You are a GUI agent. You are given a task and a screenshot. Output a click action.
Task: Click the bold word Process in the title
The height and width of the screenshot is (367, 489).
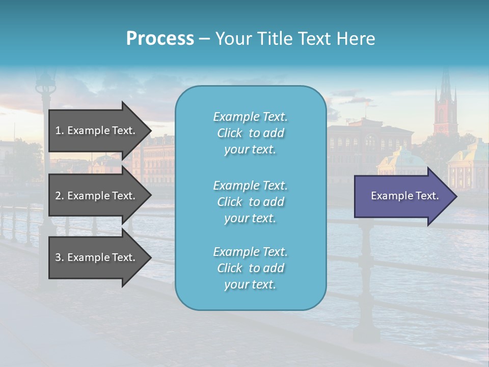point(160,39)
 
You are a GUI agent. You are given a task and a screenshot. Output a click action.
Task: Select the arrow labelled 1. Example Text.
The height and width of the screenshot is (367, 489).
point(97,130)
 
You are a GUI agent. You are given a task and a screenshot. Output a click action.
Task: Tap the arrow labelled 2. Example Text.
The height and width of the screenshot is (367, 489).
point(97,196)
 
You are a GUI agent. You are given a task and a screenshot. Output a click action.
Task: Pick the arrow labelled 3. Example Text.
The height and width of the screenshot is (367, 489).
point(97,257)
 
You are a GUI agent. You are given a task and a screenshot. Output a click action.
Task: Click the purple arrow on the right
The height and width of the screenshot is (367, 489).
point(402,196)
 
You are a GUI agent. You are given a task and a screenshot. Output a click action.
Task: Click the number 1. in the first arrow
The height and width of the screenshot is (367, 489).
point(60,130)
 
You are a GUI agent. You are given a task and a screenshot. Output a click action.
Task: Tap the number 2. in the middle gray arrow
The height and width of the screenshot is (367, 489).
point(60,196)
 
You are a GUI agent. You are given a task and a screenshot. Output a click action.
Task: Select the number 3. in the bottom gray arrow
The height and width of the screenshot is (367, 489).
point(60,257)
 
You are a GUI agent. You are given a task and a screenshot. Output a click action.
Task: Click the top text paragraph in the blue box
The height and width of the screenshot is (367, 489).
point(250,133)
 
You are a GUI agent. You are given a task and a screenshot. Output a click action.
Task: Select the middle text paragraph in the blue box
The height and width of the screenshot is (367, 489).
point(250,202)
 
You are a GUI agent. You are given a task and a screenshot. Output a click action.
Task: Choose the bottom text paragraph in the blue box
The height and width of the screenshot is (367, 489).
point(250,268)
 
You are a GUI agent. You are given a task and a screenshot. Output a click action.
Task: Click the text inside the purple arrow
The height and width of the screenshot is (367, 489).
point(404,196)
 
